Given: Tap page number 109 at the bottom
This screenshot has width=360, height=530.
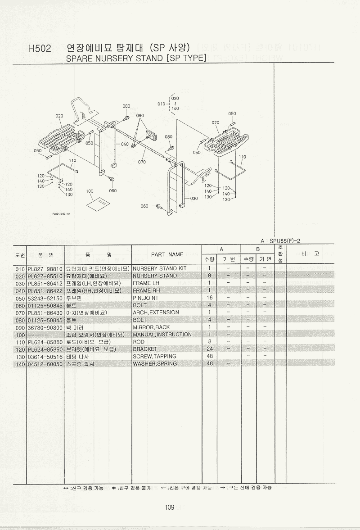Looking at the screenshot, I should click(169, 508).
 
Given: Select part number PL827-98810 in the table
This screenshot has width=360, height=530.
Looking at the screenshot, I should click(46, 268).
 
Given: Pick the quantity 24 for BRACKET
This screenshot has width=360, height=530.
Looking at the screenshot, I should click(209, 349).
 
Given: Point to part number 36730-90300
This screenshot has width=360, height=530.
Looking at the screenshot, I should click(46, 327).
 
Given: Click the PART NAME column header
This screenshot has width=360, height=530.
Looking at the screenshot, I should click(167, 254).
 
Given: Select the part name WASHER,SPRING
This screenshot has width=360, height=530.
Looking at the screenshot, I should click(155, 363).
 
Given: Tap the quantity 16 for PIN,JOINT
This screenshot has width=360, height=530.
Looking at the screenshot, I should click(209, 298).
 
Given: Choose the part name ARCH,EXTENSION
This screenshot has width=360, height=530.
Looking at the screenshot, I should click(156, 313).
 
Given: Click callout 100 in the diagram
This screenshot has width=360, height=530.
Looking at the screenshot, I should click(90, 191).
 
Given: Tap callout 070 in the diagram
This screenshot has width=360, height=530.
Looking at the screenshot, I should click(142, 162).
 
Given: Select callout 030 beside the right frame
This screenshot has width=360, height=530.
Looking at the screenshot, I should click(194, 198).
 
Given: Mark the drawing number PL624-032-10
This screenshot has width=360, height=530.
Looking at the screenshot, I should click(61, 214).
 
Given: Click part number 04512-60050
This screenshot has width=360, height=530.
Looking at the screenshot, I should click(46, 363).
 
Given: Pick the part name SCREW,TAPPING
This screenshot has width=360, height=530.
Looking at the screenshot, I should click(154, 356).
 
